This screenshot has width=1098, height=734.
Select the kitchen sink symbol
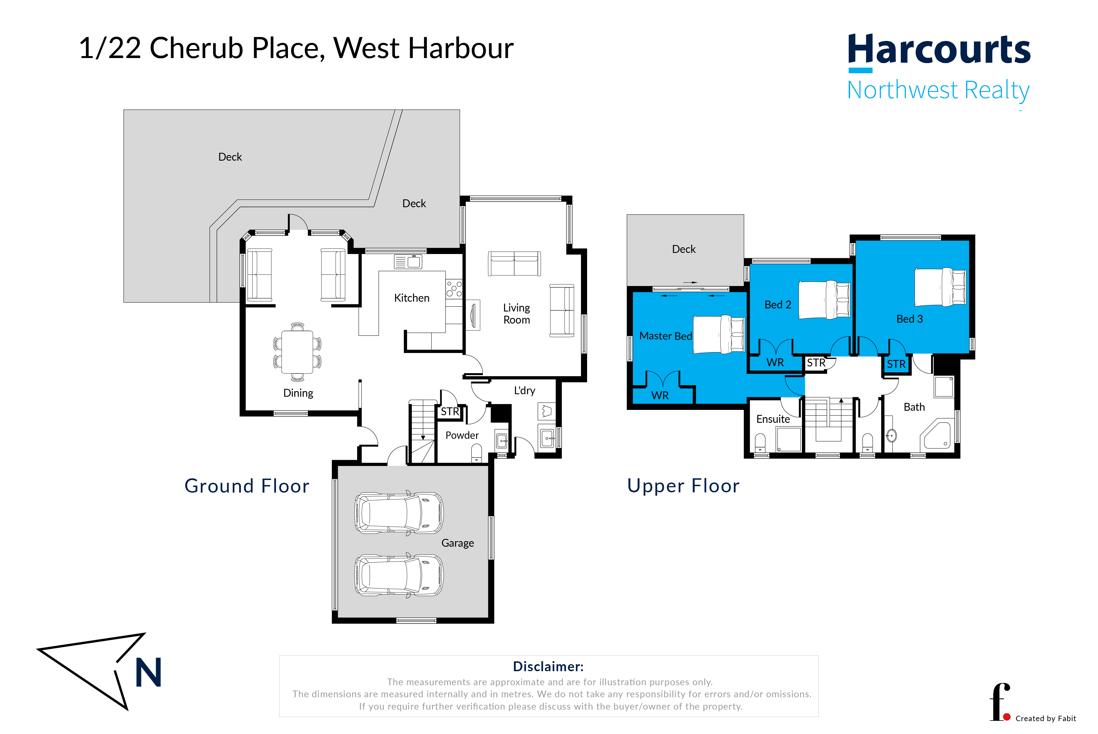(x=408, y=262)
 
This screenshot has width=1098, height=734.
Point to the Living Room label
(x=516, y=314)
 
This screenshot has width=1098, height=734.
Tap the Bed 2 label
(x=778, y=305)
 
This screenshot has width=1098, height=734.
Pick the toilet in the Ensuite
(x=760, y=442)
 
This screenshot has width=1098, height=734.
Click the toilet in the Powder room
(x=476, y=453)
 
